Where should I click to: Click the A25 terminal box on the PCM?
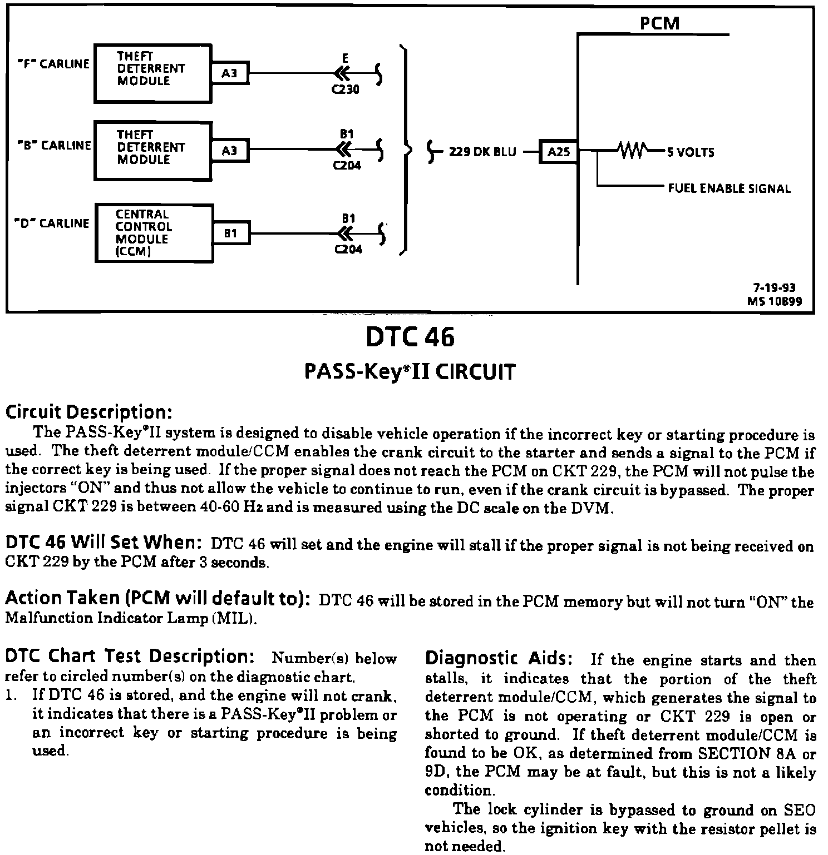559,152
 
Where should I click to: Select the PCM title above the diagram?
659,23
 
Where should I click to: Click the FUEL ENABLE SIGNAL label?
729,188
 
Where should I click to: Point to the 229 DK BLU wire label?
482,152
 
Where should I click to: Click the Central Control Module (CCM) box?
154,233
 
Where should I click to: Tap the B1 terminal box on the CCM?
231,233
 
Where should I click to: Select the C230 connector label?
346,90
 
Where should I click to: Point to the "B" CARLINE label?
55,146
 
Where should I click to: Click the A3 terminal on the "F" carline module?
229,73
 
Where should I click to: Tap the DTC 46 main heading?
410,336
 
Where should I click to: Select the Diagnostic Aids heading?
499,659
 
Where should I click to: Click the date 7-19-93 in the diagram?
774,288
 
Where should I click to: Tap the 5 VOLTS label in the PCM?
691,152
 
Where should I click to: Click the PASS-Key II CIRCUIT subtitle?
410,371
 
